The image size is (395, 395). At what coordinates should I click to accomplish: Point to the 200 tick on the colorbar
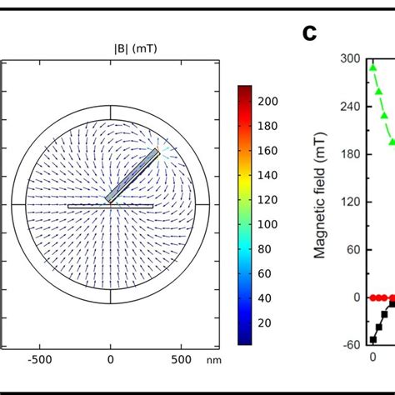pos(267,101)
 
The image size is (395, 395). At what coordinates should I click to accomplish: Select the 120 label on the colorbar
pos(267,199)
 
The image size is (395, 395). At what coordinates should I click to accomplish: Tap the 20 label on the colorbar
pos(264,322)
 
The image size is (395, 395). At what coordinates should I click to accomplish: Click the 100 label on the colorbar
pos(267,224)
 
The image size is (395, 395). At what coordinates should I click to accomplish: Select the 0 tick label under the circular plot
pos(110,360)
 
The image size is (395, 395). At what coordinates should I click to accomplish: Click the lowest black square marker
pos(372,340)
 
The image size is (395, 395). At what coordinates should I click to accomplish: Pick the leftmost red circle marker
pos(373,297)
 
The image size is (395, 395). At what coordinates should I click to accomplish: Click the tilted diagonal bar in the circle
pos(133,176)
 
